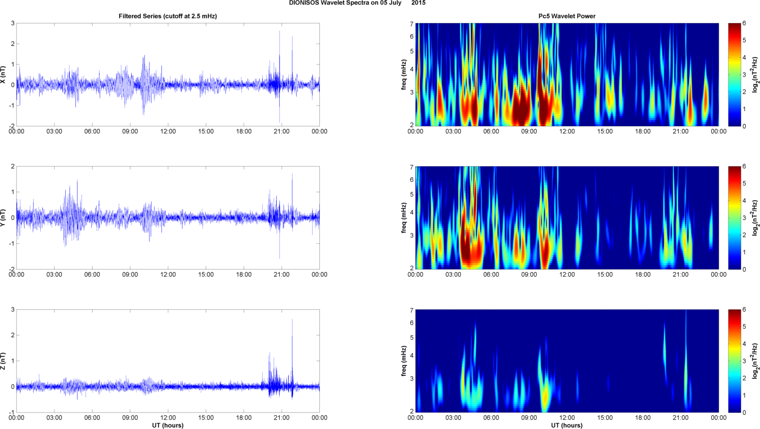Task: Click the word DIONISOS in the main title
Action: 304,3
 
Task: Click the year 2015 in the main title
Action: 418,3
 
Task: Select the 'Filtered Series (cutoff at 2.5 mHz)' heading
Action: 167,16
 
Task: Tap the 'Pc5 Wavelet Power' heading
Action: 567,16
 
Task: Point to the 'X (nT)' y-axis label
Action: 3,74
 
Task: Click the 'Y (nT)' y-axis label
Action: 3,218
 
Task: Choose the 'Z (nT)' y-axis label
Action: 3,361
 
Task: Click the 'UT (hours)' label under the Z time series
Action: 167,425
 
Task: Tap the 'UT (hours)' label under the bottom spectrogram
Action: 567,425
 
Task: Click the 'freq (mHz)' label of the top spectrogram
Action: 403,74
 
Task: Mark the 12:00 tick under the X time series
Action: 168,132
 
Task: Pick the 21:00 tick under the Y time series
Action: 282,275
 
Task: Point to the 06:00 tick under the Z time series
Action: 92,418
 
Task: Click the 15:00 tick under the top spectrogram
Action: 605,132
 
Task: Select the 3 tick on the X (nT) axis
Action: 13,24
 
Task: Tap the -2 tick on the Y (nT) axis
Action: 12,269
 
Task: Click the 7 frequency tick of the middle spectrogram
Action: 411,167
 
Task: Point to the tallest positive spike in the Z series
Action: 292,319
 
